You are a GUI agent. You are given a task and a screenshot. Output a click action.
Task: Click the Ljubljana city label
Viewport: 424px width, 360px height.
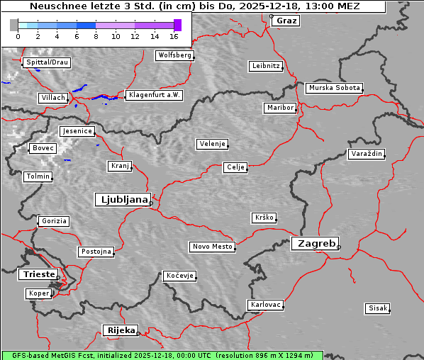[x=122, y=199]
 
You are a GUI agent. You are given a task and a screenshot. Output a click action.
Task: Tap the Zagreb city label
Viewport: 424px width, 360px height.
[x=314, y=243]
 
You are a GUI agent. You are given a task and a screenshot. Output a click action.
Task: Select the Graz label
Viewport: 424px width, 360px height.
[x=286, y=21]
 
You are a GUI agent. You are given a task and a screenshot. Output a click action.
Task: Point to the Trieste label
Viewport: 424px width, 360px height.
[x=37, y=274]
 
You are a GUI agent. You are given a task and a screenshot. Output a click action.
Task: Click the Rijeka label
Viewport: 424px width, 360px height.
[x=121, y=330]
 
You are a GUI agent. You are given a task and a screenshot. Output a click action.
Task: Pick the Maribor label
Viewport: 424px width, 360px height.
[x=279, y=108]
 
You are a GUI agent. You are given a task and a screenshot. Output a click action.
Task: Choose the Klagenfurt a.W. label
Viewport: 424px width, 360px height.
[x=154, y=95]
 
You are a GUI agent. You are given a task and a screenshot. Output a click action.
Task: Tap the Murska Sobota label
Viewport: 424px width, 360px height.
[x=334, y=89]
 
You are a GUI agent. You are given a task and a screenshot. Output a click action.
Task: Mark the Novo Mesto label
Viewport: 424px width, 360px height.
[x=211, y=247]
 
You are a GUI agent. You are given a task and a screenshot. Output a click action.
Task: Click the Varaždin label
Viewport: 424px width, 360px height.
[x=366, y=154]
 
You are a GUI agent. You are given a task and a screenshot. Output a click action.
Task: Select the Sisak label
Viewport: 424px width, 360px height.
[x=377, y=308]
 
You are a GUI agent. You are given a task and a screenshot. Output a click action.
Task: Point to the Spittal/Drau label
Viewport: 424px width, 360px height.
[x=46, y=62]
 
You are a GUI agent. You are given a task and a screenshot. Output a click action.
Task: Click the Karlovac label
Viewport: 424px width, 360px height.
[x=265, y=305]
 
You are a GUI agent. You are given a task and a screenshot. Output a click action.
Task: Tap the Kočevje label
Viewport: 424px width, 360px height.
[x=179, y=275]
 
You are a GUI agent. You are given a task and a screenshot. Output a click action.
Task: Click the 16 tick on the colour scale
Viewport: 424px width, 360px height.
[x=174, y=35]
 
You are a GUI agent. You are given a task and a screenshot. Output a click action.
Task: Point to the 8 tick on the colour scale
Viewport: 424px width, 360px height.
[x=96, y=35]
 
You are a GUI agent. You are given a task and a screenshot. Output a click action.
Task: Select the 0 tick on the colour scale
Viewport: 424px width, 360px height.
[x=17, y=35]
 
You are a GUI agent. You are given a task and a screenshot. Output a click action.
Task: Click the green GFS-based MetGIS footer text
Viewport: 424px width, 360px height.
[x=162, y=355]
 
